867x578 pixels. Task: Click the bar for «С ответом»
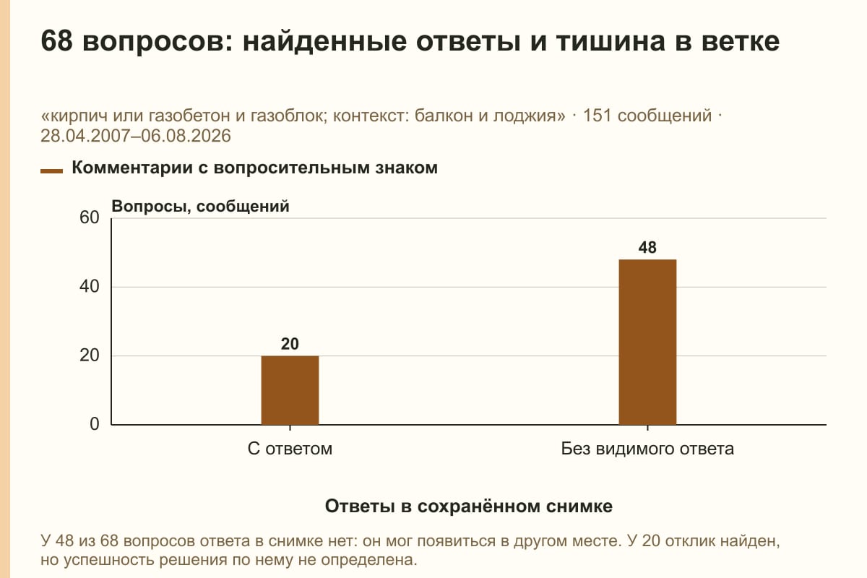290,390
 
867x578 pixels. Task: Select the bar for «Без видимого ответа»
647,342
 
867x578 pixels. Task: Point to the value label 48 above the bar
647,248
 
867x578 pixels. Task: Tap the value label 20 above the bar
290,344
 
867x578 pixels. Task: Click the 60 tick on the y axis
90,217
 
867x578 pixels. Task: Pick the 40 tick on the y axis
90,287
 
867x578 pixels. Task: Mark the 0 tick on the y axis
95,424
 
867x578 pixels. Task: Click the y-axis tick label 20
90,355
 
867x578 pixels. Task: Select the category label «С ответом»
290,449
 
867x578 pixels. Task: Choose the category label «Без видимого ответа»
647,449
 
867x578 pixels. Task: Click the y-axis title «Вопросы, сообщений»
201,207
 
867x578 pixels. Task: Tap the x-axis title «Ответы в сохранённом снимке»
469,506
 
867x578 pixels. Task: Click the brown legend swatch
51,171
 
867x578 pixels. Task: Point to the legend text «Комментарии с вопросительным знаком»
254,168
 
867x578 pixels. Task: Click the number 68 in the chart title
56,41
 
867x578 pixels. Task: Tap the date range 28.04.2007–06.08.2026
136,137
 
